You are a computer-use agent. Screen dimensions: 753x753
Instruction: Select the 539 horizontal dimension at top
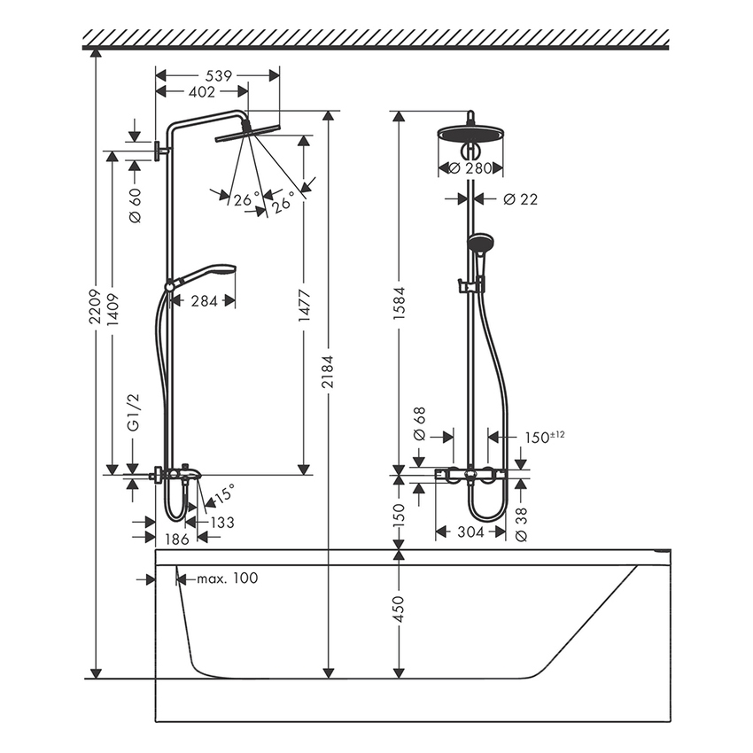point(217,76)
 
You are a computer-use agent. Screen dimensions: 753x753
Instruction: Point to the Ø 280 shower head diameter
point(471,168)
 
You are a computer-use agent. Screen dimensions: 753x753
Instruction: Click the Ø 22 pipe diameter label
point(520,199)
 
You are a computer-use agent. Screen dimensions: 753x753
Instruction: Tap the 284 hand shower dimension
point(204,300)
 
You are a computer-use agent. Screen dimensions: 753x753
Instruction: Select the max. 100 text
point(227,578)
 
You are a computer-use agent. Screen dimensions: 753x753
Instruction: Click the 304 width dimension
point(470,532)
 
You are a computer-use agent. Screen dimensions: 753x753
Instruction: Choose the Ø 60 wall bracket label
point(135,206)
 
